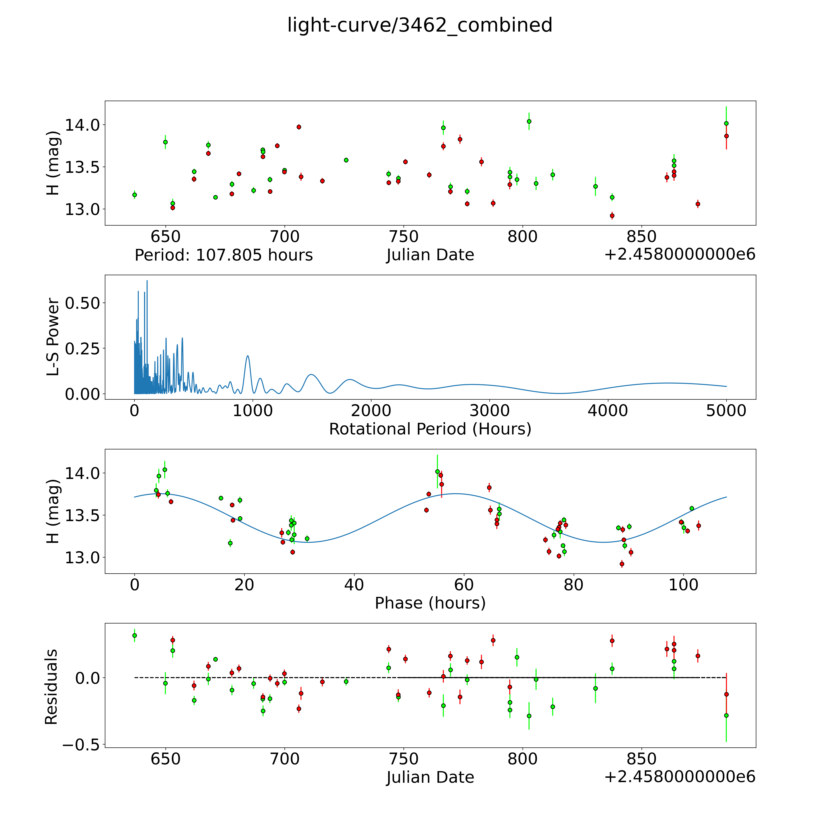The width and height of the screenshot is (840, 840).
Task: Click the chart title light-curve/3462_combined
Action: (420, 25)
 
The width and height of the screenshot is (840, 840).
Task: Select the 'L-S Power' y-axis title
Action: (53, 337)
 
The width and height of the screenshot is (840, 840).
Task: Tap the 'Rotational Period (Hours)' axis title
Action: (430, 429)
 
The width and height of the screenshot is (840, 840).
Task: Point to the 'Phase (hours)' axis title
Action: (430, 603)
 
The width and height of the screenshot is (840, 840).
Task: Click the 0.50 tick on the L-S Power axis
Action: (83, 303)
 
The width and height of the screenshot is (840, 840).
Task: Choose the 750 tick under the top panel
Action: (404, 237)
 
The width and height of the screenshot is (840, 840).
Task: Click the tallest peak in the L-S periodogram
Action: (147, 281)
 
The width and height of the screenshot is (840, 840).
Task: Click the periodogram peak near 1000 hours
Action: (247, 356)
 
